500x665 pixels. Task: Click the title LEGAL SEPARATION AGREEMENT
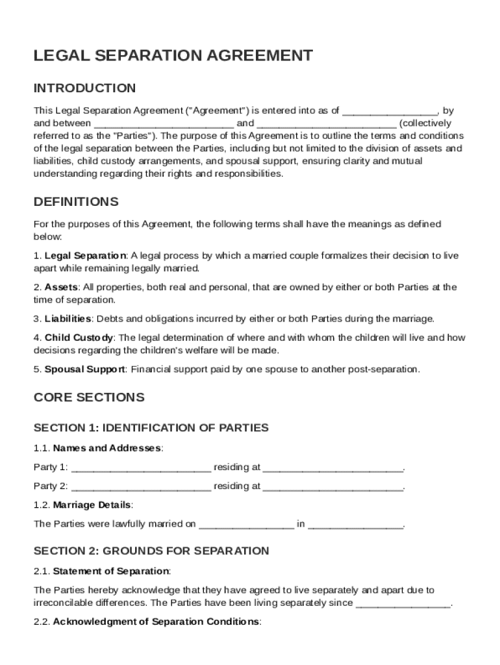(x=173, y=56)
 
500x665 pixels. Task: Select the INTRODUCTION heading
(x=84, y=88)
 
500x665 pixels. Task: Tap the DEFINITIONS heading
(x=76, y=201)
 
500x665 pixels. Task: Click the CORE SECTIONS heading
(x=89, y=397)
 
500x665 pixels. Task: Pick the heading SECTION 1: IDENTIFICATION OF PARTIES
(x=151, y=427)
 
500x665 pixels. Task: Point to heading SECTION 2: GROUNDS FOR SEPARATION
(x=151, y=551)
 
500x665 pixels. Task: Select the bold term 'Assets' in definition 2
(x=62, y=287)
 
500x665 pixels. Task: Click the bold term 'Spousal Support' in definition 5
(x=85, y=370)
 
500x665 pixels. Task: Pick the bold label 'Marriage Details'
(x=92, y=505)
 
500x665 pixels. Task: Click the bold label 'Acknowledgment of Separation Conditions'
(x=156, y=621)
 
